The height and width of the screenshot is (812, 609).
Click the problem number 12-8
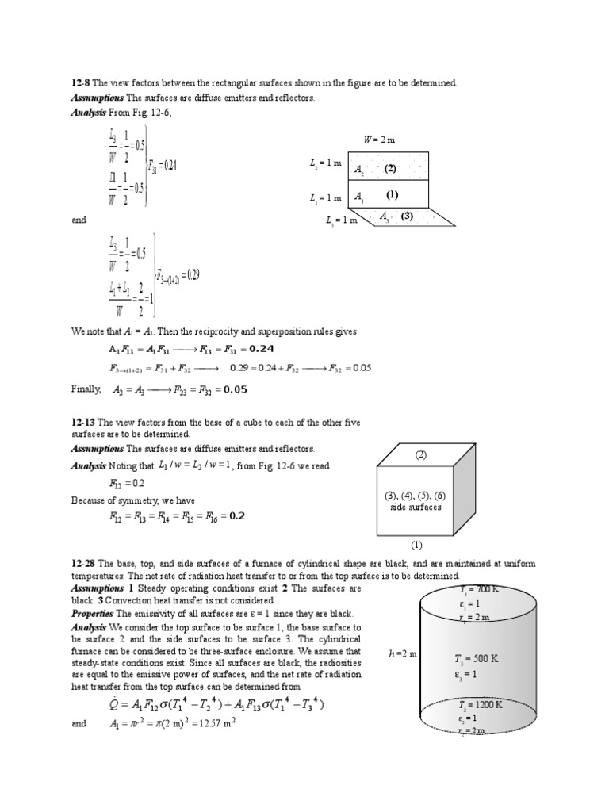(x=80, y=83)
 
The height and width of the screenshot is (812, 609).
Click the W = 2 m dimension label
(x=379, y=140)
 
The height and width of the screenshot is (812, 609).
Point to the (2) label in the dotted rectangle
(x=389, y=169)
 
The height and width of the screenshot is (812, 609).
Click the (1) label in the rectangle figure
(x=392, y=195)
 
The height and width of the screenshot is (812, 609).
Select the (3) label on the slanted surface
(x=407, y=216)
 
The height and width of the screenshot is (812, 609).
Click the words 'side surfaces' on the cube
(x=416, y=507)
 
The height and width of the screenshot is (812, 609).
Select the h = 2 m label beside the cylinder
(x=397, y=653)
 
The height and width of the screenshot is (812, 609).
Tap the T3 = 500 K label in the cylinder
(x=476, y=658)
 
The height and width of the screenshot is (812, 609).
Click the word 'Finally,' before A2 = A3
(x=86, y=389)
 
